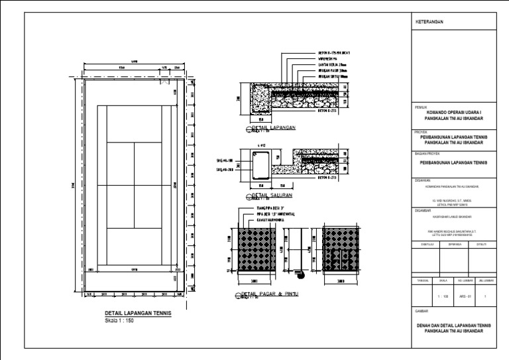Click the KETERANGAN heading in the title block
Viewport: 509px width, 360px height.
(429, 22)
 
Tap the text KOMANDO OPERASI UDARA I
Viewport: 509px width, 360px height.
(454, 113)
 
